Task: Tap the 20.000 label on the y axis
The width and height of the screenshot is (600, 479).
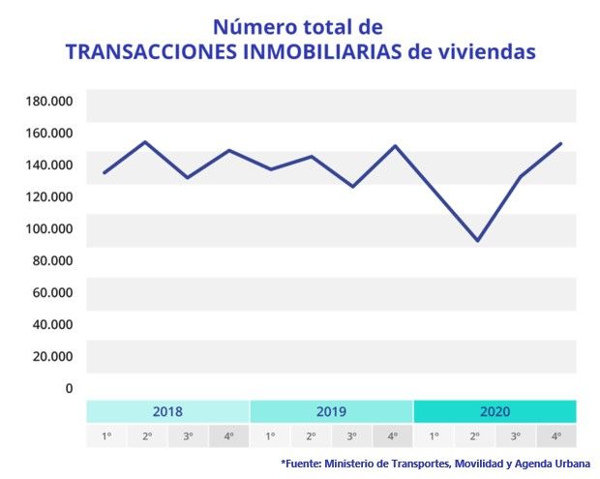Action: tap(54, 356)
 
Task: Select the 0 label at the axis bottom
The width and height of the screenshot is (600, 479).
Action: tap(69, 388)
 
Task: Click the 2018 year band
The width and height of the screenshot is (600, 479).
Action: tap(167, 410)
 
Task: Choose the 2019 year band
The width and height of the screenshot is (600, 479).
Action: tap(331, 410)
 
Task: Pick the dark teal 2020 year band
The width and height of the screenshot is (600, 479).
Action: tap(495, 410)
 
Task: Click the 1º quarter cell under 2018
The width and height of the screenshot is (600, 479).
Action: tap(106, 435)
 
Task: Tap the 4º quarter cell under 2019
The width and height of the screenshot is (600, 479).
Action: tap(392, 435)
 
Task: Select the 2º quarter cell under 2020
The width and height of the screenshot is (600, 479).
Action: tap(474, 435)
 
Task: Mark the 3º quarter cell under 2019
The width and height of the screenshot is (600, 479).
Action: tap(351, 435)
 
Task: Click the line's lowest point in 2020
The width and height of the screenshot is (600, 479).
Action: tap(476, 240)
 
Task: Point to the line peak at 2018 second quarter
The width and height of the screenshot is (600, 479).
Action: tap(145, 142)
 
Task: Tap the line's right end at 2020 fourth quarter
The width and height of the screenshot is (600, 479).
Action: tap(560, 144)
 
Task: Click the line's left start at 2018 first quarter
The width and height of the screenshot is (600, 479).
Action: tap(104, 173)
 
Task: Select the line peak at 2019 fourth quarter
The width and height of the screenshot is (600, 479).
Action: tap(394, 146)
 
